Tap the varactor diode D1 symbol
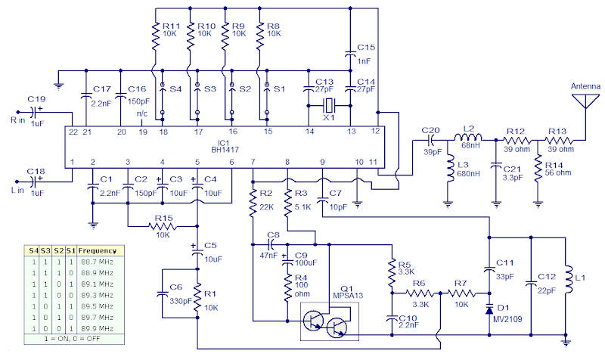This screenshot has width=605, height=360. tap(490, 309)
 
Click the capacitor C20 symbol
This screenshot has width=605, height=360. tap(433, 139)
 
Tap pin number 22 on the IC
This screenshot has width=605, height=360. tap(73, 132)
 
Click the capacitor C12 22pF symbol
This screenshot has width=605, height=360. tap(531, 281)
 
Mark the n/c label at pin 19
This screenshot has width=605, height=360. tap(141, 114)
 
